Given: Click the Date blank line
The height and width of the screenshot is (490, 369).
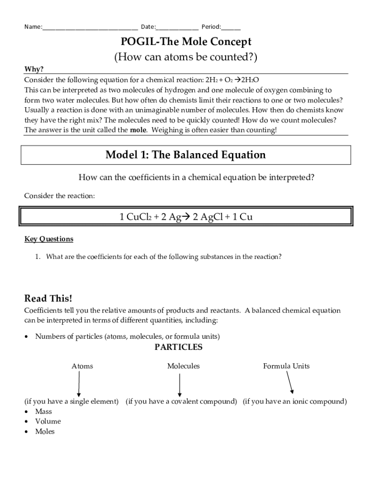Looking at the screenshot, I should tap(177, 27).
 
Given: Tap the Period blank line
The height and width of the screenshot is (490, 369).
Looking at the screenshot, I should tap(231, 27).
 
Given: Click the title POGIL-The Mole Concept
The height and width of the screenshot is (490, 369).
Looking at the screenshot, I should tap(185, 42).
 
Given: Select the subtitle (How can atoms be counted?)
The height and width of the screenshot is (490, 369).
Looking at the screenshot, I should tap(185, 57).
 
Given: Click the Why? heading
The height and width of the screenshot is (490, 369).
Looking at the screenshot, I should tap(34, 69).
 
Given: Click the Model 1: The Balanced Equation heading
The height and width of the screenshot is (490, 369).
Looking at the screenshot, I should tap(185, 155).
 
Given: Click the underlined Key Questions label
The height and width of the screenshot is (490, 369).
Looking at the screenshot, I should tap(49, 239).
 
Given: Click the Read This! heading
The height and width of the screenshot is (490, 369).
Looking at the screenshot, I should tap(48, 298).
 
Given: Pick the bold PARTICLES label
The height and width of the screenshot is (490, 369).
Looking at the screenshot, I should tap(178, 347).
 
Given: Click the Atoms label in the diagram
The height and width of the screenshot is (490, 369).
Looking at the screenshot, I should tap(82, 366).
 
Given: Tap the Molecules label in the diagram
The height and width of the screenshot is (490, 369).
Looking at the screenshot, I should tap(183, 366).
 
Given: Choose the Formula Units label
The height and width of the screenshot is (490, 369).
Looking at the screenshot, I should tap(286, 366).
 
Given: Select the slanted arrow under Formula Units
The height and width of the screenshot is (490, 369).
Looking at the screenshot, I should tap(289, 382).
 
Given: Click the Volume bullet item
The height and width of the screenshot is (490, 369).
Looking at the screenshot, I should tap(48, 422).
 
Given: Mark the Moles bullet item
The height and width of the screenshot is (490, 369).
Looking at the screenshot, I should tap(45, 432).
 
